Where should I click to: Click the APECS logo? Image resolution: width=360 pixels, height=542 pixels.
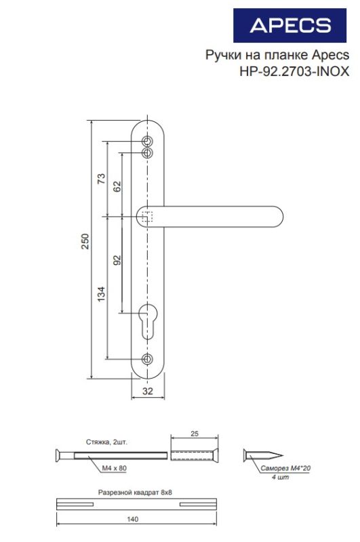point(290,26)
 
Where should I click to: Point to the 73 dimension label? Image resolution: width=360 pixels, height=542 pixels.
point(102,180)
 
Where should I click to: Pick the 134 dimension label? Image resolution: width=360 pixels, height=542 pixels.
point(102,294)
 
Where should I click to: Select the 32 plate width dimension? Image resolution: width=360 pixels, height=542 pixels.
point(148,391)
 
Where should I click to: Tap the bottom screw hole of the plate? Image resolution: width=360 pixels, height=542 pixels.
point(148,358)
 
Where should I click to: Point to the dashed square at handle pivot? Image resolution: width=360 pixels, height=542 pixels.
point(148,217)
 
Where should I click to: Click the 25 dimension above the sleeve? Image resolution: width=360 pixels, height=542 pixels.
point(194,433)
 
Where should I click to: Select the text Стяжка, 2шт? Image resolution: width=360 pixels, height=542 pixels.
point(107,441)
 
